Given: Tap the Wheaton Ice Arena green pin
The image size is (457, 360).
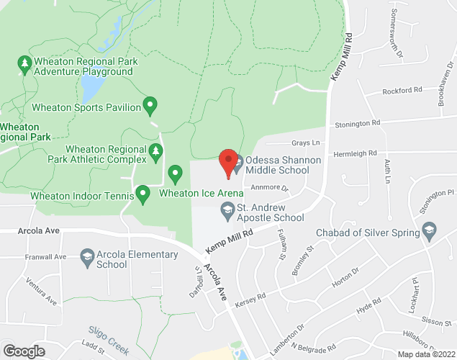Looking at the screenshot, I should pyautogui.click(x=175, y=174).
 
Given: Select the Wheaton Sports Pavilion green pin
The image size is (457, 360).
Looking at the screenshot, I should pyautogui.click(x=150, y=107).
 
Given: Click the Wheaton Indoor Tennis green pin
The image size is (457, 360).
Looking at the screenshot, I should pyautogui.click(x=143, y=193).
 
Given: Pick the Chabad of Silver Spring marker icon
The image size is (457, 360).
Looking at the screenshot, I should pyautogui.click(x=430, y=232).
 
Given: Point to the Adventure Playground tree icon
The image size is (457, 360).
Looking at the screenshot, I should pyautogui.click(x=25, y=66).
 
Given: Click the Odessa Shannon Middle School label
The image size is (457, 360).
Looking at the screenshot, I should pyautogui.click(x=277, y=165).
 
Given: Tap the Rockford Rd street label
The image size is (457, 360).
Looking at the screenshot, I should pyautogui.click(x=402, y=91).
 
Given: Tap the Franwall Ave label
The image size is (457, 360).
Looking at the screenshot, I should pyautogui.click(x=45, y=257).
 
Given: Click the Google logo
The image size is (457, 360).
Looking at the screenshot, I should pyautogui.click(x=24, y=351).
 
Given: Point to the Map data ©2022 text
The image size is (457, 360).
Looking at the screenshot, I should pyautogui.click(x=427, y=354).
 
